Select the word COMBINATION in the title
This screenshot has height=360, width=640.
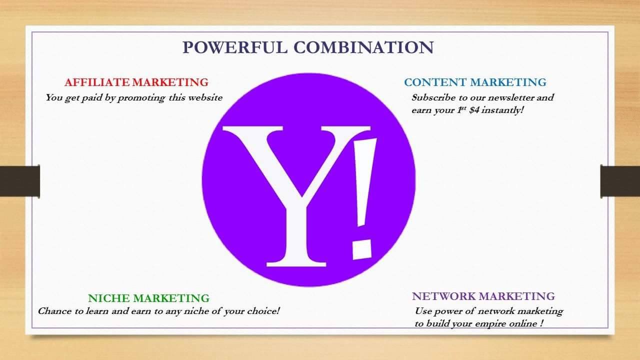(x=363, y=47)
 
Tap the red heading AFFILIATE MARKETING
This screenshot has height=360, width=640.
(x=136, y=82)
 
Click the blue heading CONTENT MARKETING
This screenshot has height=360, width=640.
(x=475, y=82)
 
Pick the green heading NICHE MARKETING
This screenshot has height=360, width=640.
(x=148, y=298)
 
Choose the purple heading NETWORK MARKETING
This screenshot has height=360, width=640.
(x=483, y=296)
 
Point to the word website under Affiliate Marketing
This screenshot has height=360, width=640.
(x=204, y=97)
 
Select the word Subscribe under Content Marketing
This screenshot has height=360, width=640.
(x=432, y=97)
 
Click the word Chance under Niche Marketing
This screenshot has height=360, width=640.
(x=54, y=311)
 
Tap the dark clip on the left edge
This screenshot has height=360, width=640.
(x=20, y=181)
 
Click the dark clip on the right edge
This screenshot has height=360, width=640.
(x=620, y=181)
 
